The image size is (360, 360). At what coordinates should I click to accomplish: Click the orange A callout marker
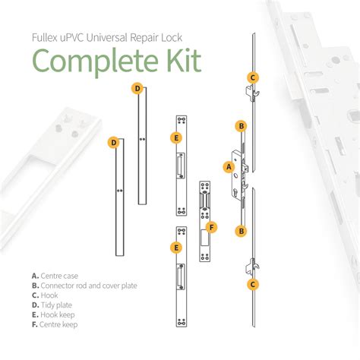click(229, 167)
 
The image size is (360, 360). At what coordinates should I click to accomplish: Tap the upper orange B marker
click(242, 126)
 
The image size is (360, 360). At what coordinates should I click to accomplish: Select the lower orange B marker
click(242, 231)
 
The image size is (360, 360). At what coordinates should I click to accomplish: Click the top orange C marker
click(253, 77)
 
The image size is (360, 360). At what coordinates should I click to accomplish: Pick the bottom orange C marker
click(253, 284)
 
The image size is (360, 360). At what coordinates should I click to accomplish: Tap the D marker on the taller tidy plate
click(137, 89)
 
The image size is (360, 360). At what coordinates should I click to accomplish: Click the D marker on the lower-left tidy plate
click(114, 143)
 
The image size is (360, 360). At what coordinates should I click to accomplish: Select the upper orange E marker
click(176, 138)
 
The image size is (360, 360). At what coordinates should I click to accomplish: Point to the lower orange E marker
click(176, 248)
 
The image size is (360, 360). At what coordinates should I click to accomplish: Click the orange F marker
click(212, 227)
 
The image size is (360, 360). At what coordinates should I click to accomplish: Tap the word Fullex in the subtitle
click(45, 38)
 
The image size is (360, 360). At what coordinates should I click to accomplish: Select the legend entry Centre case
click(55, 276)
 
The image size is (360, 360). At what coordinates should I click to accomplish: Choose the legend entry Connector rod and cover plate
click(84, 286)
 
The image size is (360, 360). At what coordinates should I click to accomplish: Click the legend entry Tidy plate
click(52, 305)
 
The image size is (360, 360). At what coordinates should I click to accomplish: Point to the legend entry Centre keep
click(55, 324)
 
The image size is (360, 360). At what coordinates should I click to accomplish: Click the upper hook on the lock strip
click(252, 93)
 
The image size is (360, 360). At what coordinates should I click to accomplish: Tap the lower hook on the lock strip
click(252, 267)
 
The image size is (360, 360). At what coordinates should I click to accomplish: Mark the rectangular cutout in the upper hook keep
click(180, 166)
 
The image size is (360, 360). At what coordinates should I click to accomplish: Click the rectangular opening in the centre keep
click(204, 238)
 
